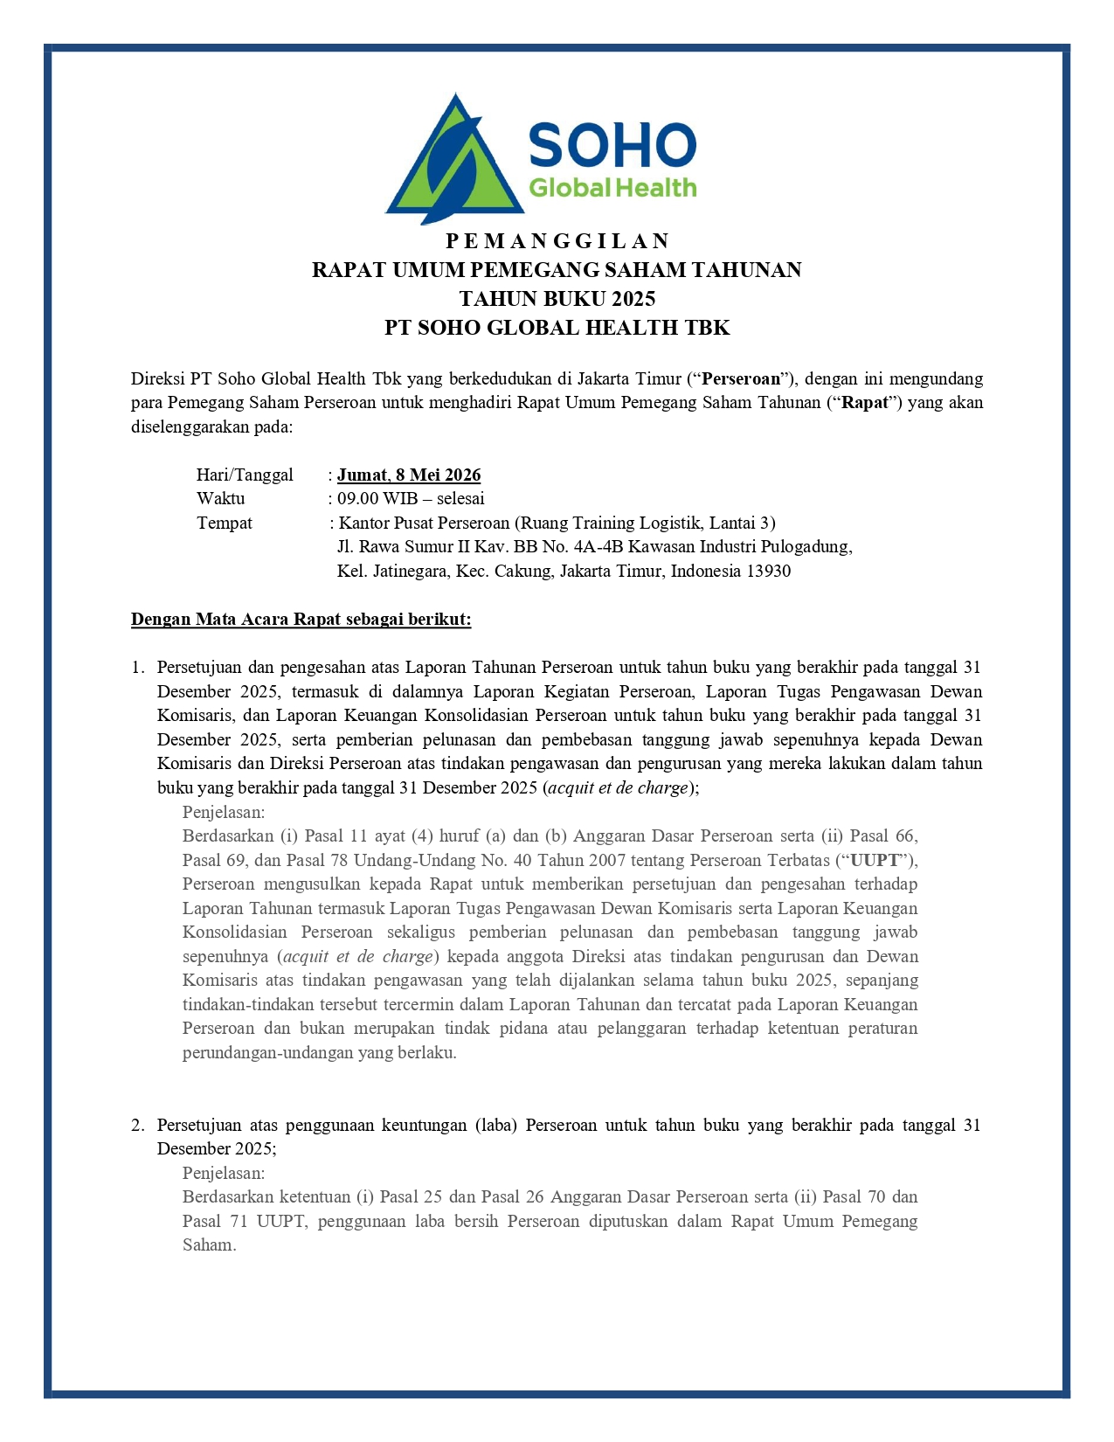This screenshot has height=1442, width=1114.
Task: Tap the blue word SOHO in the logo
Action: click(612, 145)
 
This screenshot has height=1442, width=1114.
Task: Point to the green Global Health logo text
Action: click(612, 188)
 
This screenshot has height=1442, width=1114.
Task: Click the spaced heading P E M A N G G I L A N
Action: click(557, 241)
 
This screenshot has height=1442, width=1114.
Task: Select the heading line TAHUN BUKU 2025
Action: click(557, 299)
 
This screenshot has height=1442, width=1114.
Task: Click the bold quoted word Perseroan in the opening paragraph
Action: click(741, 379)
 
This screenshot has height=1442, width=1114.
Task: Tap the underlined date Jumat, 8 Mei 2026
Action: click(409, 475)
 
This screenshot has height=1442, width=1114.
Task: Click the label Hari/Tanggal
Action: click(245, 475)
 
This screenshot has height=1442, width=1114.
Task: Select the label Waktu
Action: click(221, 499)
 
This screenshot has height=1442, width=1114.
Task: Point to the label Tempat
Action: click(225, 523)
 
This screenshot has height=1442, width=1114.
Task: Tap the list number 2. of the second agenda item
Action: click(138, 1125)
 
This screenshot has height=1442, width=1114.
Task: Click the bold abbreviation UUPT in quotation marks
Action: click(875, 860)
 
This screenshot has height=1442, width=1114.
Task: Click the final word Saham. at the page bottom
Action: click(210, 1244)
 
